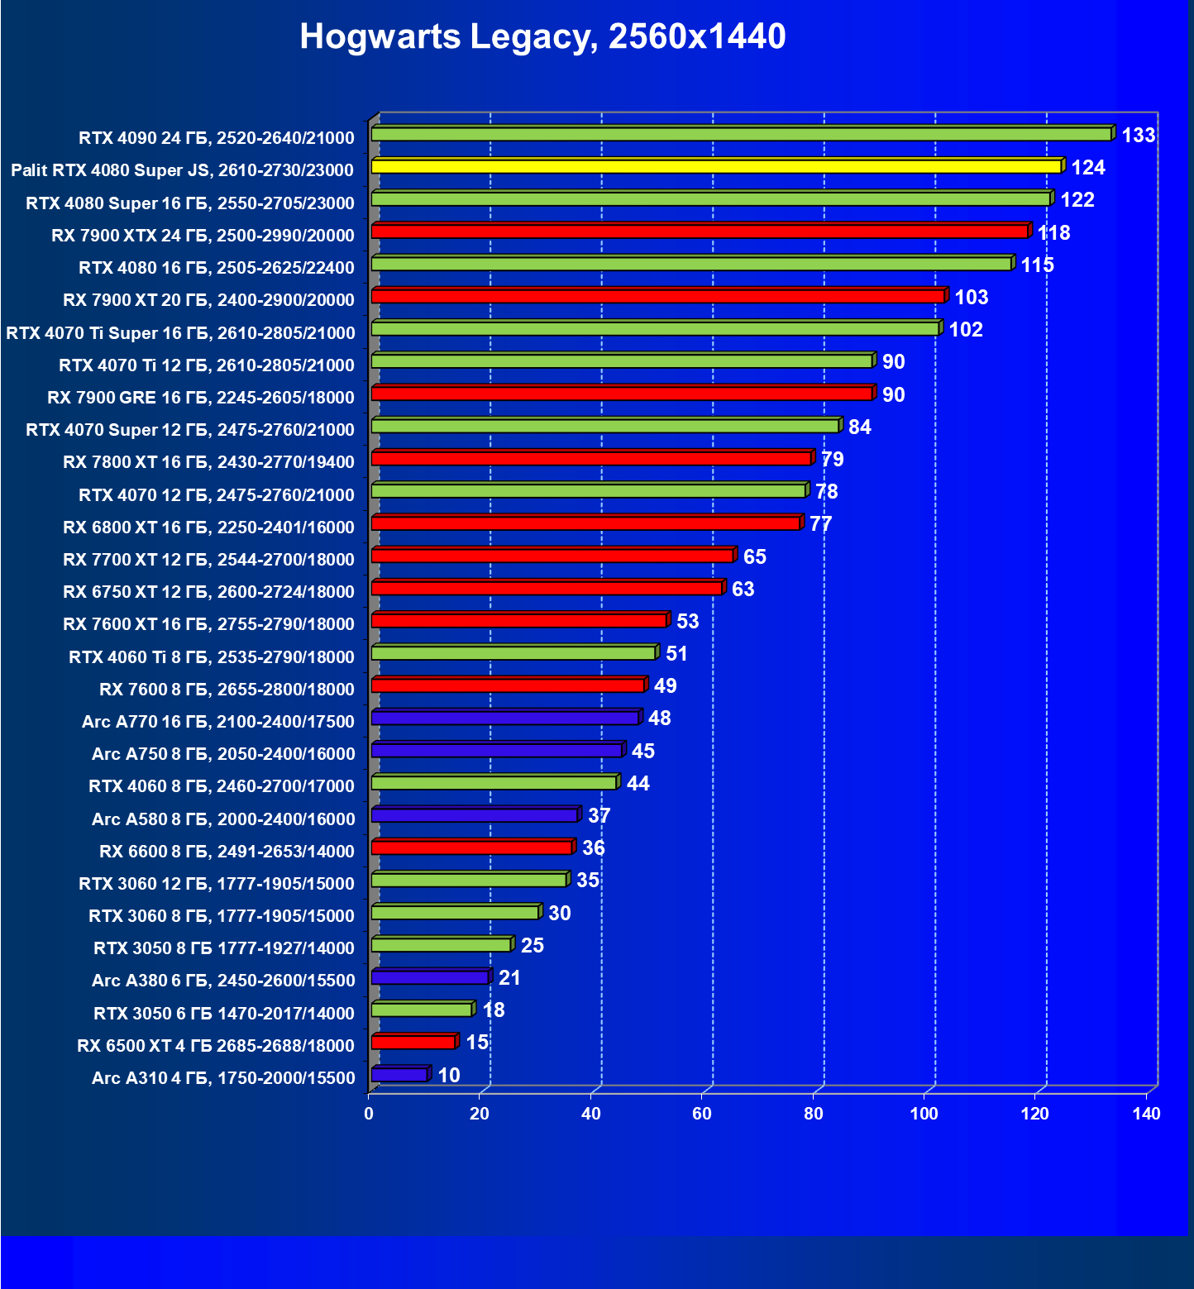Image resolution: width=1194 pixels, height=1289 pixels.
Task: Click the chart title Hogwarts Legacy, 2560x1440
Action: (542, 36)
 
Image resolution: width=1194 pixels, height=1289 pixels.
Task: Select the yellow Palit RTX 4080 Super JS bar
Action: (716, 167)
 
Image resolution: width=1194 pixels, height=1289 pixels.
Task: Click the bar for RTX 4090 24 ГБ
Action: (741, 134)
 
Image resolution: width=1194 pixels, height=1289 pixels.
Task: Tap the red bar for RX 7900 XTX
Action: (700, 232)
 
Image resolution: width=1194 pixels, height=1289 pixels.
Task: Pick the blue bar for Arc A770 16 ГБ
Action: (505, 718)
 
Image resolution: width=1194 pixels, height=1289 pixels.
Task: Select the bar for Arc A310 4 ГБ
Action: (399, 1075)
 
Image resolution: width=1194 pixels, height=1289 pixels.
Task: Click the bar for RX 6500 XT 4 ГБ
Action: (413, 1042)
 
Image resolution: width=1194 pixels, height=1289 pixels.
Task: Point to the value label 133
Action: (1138, 136)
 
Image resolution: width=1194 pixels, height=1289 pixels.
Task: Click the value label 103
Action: (971, 298)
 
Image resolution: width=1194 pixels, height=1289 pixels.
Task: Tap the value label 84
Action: (859, 427)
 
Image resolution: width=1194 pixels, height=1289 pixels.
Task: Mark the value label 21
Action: (509, 978)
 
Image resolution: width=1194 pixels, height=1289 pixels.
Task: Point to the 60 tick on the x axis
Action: (702, 1114)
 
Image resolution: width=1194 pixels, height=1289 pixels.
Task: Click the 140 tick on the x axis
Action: (1146, 1114)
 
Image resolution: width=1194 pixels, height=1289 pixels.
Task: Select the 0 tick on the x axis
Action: (369, 1114)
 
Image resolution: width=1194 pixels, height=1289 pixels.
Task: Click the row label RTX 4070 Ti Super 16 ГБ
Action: (180, 333)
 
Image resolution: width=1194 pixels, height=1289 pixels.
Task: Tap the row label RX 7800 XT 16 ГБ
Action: (208, 462)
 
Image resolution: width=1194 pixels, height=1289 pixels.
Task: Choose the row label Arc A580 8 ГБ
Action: (223, 819)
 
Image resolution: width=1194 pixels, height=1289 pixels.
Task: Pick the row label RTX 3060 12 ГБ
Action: (217, 884)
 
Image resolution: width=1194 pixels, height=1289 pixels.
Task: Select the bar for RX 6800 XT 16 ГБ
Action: (585, 523)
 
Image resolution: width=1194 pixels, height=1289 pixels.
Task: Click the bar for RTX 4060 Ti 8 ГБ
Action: (513, 653)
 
